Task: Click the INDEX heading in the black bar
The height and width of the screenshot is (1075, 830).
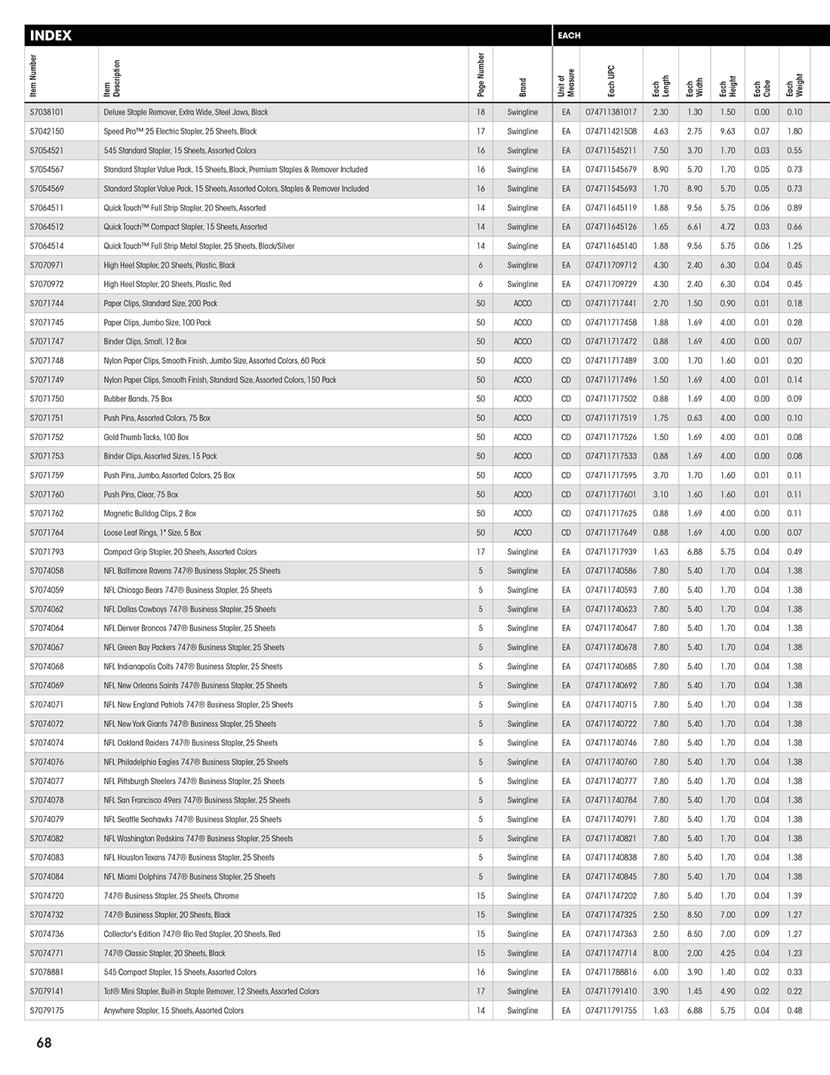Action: pos(51,35)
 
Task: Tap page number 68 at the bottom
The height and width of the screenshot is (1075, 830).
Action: pos(44,1043)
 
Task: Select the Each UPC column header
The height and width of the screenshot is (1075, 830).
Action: pos(611,81)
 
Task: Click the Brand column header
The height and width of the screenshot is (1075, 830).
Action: pos(523,87)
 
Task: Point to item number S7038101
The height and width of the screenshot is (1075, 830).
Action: pos(47,112)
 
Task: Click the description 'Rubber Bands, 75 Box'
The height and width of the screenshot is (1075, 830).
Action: pos(138,399)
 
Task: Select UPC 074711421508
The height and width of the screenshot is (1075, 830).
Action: pos(611,131)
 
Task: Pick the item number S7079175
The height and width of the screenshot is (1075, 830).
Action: pos(47,1010)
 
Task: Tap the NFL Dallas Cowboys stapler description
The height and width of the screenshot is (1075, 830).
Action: pos(190,609)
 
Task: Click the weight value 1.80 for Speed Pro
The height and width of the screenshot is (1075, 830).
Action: pos(795,131)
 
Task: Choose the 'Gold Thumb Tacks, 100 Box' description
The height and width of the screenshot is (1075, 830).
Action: pos(146,437)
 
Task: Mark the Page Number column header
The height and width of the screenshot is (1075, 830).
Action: pos(481,75)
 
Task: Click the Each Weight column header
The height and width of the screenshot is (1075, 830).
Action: pos(795,85)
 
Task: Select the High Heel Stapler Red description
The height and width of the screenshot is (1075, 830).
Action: pos(168,285)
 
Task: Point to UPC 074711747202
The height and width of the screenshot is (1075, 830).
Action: pos(611,896)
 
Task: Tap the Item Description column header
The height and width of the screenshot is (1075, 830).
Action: pos(112,79)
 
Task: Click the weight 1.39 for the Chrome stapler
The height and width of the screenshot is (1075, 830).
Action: pos(795,896)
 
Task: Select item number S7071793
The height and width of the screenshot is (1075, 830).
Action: pos(47,552)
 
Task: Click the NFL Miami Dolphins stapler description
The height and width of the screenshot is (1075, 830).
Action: pos(189,876)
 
